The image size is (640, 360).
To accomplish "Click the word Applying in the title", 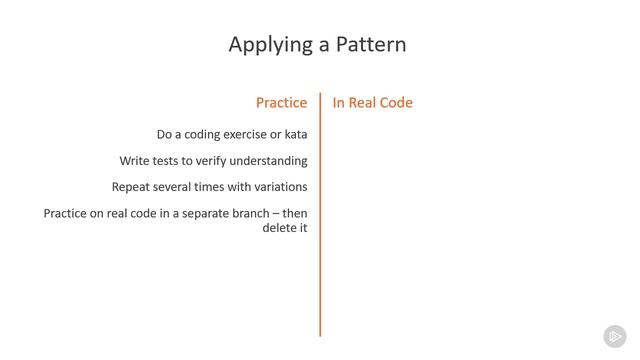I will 263,45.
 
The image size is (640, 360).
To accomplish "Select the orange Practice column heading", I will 281,103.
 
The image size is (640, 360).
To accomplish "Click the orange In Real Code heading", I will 372,103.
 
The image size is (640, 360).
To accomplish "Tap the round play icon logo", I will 614,336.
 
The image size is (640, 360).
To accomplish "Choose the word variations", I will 276,187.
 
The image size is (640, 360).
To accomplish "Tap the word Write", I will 135,161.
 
